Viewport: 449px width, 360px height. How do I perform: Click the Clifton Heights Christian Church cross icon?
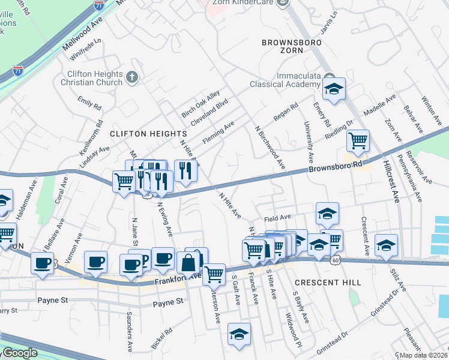click(x=132, y=77)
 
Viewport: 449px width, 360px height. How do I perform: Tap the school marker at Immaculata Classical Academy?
click(x=332, y=89)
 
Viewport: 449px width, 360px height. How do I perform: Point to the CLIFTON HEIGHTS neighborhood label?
click(x=148, y=133)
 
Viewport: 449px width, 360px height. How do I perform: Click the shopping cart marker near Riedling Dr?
click(x=358, y=141)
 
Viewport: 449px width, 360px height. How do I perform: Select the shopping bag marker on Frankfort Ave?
click(x=188, y=262)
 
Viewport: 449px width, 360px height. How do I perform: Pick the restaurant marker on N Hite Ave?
click(x=185, y=171)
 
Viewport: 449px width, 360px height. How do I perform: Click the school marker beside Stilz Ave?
click(x=386, y=245)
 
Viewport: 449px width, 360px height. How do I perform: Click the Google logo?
click(x=19, y=353)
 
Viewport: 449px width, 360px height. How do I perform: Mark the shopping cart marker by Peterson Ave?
click(x=214, y=274)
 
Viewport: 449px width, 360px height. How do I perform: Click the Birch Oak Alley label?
click(x=196, y=106)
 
